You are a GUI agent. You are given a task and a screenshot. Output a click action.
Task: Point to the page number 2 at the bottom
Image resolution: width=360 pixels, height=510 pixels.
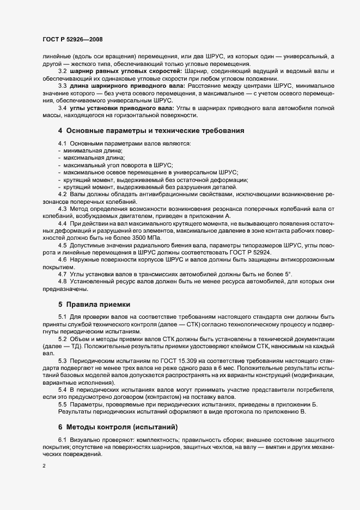(44, 466)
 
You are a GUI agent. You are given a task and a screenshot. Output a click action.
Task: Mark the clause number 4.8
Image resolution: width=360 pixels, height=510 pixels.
(63, 281)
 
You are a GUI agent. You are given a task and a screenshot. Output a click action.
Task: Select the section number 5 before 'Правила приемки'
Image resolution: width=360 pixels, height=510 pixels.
(60, 303)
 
